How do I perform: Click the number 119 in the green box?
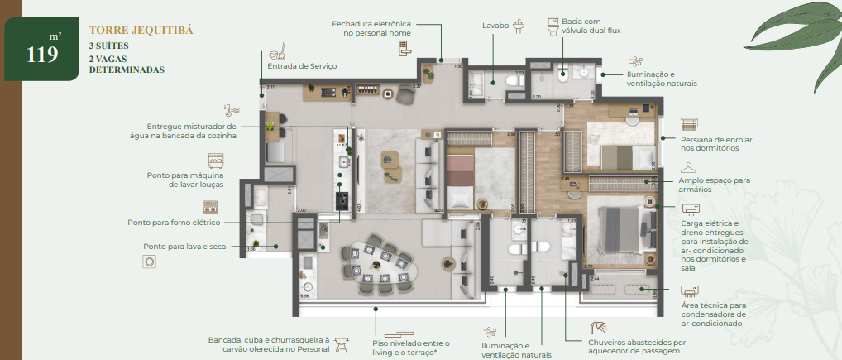(41, 55)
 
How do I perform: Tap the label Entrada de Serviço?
(301, 65)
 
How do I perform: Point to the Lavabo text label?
(496, 26)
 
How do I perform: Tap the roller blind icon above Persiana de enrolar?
(691, 123)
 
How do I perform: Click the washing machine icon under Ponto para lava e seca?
(150, 261)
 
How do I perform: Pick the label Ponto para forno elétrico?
(174, 223)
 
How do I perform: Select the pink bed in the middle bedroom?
(459, 179)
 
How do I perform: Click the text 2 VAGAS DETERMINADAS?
(127, 64)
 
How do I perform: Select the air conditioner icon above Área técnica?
(690, 291)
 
